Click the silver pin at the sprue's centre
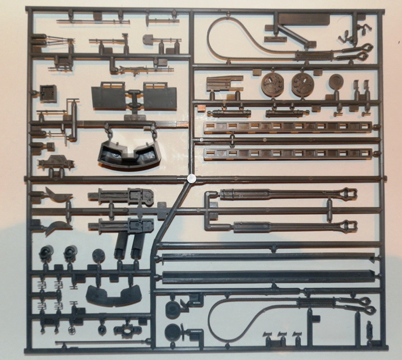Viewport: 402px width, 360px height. coord(191,178)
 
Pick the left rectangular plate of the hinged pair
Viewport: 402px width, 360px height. coord(109,96)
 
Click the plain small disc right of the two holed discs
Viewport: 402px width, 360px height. coord(336,82)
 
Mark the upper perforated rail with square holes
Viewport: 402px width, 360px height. coord(288,127)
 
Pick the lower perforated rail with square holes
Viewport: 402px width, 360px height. coord(288,154)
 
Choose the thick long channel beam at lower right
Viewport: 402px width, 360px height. coord(268,277)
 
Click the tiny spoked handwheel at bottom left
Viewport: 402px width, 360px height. coord(72,330)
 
